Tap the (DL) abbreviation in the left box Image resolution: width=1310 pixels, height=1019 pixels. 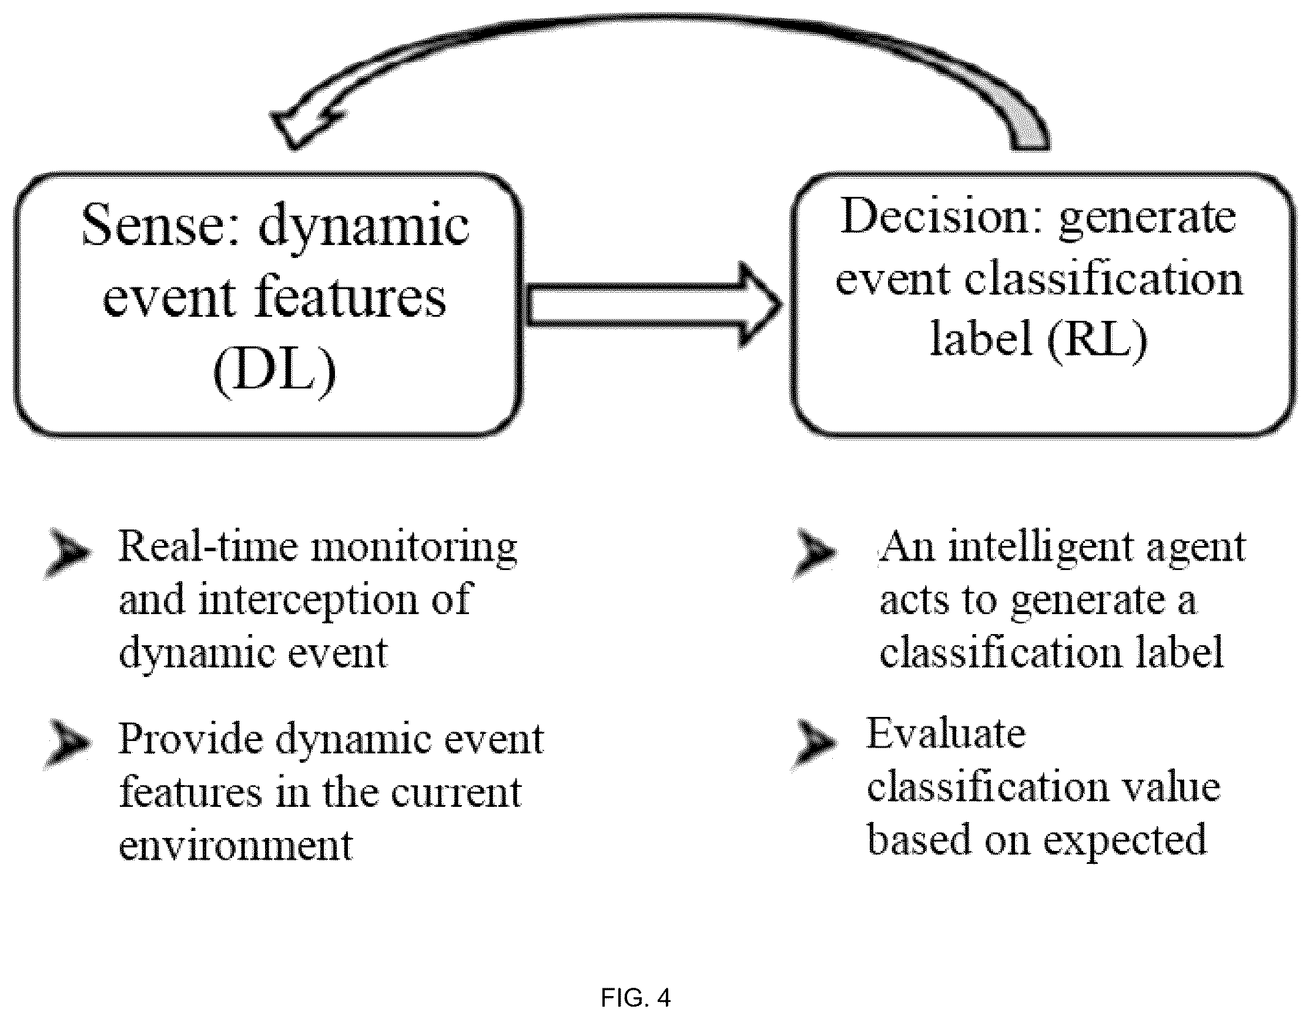(x=274, y=371)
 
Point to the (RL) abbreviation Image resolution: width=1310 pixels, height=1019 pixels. (x=1097, y=338)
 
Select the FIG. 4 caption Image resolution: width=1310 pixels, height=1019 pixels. (x=635, y=998)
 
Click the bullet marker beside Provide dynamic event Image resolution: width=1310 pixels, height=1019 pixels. (x=68, y=744)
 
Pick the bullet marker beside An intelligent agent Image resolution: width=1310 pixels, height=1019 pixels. (x=814, y=553)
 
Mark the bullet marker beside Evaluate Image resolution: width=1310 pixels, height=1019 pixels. (x=814, y=745)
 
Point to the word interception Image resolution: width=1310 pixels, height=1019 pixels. (x=309, y=601)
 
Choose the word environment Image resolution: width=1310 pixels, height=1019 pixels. (x=236, y=845)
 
